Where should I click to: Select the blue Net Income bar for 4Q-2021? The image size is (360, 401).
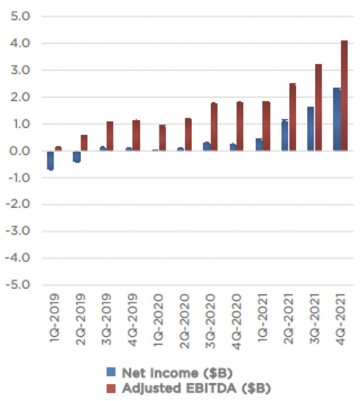point(337,120)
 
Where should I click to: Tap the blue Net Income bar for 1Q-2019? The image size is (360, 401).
point(51,160)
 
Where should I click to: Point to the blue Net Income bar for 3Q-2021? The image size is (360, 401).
point(311,129)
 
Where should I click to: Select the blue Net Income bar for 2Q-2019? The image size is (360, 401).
point(77,156)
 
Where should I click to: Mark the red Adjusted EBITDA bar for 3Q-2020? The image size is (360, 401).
point(214,127)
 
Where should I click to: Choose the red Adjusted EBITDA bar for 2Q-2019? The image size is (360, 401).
point(84,143)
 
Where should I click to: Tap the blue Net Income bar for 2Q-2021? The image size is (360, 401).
point(285,135)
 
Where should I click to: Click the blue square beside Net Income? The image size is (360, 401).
point(111,372)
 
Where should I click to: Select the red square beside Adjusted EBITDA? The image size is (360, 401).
point(111,388)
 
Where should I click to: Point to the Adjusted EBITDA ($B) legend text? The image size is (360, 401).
point(196,388)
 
